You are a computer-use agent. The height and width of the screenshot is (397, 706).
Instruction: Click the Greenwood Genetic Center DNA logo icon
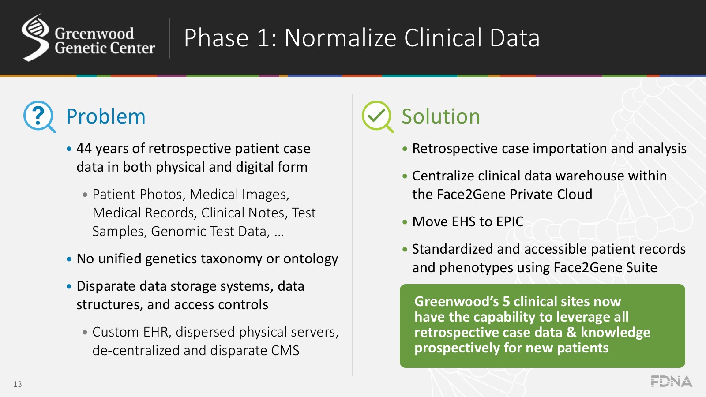tap(35, 37)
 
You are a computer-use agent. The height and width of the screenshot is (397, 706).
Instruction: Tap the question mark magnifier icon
tap(39, 116)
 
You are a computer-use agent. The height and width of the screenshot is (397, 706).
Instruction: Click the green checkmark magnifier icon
tap(377, 116)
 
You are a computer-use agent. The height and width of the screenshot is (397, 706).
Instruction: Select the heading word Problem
tap(105, 117)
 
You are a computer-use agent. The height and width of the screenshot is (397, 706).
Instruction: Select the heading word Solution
tap(440, 117)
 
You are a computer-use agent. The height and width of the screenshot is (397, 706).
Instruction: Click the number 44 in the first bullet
tap(84, 149)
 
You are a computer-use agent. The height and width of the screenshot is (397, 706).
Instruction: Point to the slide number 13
tap(18, 384)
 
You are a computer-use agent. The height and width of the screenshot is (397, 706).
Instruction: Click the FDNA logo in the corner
tap(671, 382)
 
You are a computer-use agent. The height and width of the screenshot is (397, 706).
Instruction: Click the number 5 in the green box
tap(506, 302)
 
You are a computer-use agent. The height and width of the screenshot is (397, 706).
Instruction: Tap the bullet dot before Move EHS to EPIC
tap(405, 222)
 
